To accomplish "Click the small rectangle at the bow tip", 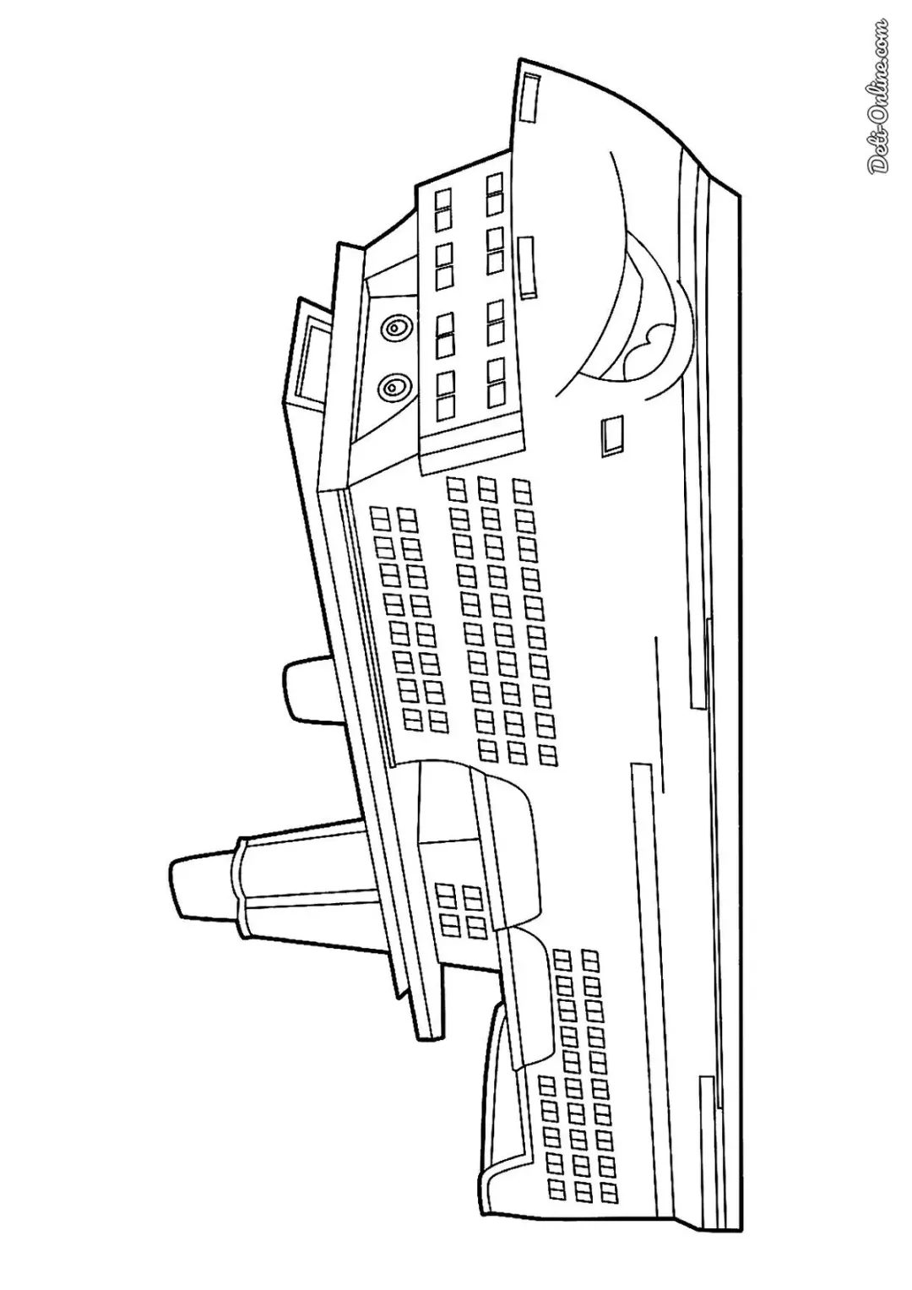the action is [529, 97].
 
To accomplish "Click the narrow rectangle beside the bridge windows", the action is [527, 267].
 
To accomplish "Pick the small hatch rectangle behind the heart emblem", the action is [612, 435].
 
